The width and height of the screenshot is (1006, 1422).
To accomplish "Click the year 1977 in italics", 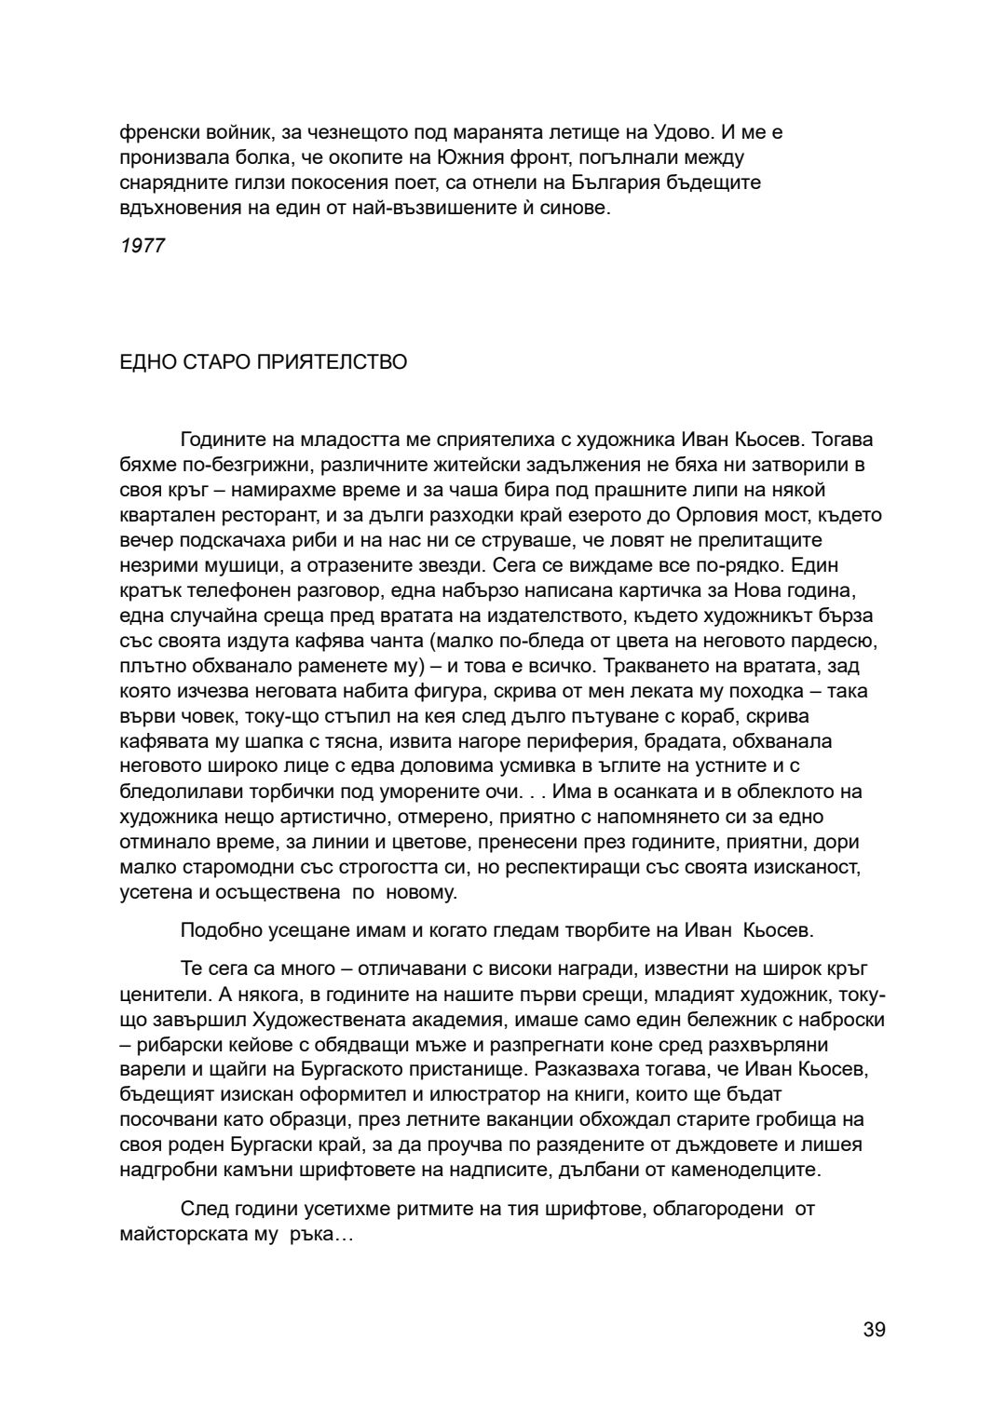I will [x=143, y=246].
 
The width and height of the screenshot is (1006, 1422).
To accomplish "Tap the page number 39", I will [x=874, y=1329].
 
